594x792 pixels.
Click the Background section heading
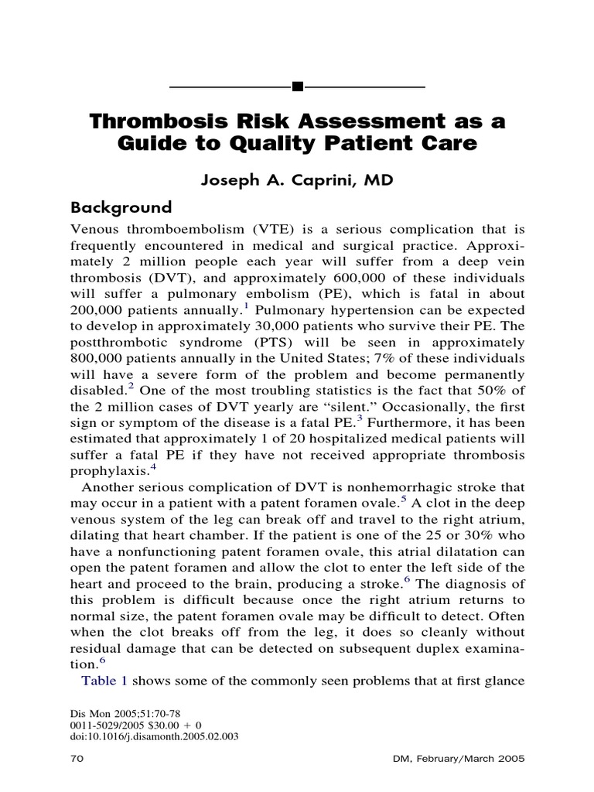pos(121,207)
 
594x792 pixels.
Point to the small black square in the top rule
pos(297,86)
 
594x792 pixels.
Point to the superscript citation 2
pos(132,385)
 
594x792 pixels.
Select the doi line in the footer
pos(154,737)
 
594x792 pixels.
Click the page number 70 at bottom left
pos(76,760)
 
